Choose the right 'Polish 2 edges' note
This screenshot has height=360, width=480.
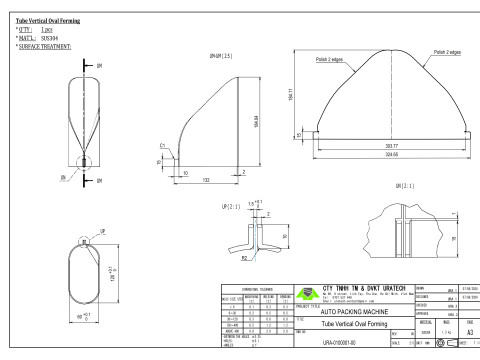pyautogui.click(x=442, y=49)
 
